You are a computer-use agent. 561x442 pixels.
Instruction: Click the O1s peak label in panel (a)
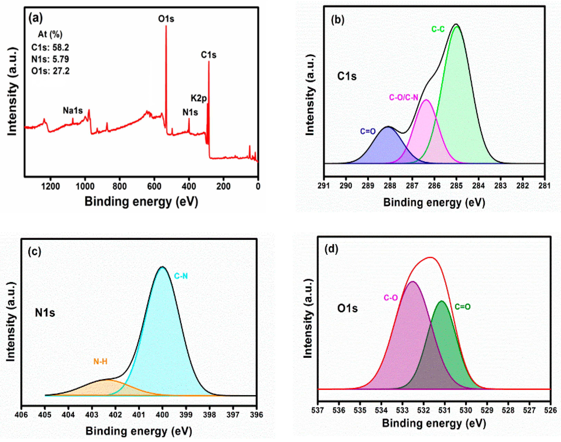tap(166, 19)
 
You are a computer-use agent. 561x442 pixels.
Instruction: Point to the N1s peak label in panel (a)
tap(190, 112)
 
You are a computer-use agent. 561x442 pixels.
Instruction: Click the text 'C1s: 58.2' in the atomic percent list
tap(50, 48)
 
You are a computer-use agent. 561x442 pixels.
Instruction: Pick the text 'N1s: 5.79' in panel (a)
tap(50, 59)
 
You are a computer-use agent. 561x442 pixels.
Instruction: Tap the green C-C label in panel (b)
tap(438, 29)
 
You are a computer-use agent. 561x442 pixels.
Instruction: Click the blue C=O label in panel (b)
tap(368, 131)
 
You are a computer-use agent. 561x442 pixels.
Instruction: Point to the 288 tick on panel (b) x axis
tap(390, 186)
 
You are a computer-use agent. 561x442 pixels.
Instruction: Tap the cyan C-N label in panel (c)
tap(181, 276)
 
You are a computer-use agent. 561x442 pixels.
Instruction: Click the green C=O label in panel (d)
tap(463, 307)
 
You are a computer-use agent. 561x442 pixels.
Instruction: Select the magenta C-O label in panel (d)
tap(391, 298)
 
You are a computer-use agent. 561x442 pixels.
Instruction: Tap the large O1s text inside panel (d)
tap(347, 308)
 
